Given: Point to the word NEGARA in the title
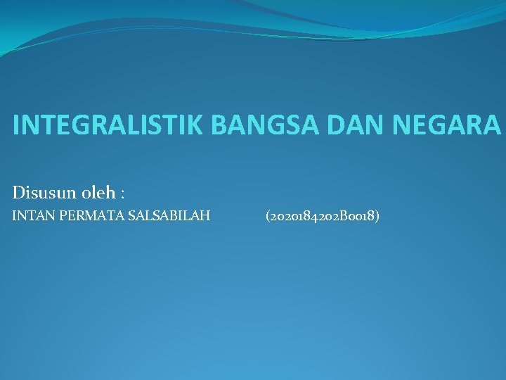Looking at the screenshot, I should (446, 125).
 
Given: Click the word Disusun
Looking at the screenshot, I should (39, 191).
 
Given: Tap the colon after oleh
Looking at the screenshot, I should (122, 193).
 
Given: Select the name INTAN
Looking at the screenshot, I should (30, 216).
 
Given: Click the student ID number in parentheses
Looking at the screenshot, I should (323, 216).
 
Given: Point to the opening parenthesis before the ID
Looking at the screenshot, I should (267, 216).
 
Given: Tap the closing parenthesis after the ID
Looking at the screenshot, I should (378, 216).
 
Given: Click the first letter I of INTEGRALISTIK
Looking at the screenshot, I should (16, 125).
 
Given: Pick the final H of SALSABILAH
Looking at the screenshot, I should (205, 216).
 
